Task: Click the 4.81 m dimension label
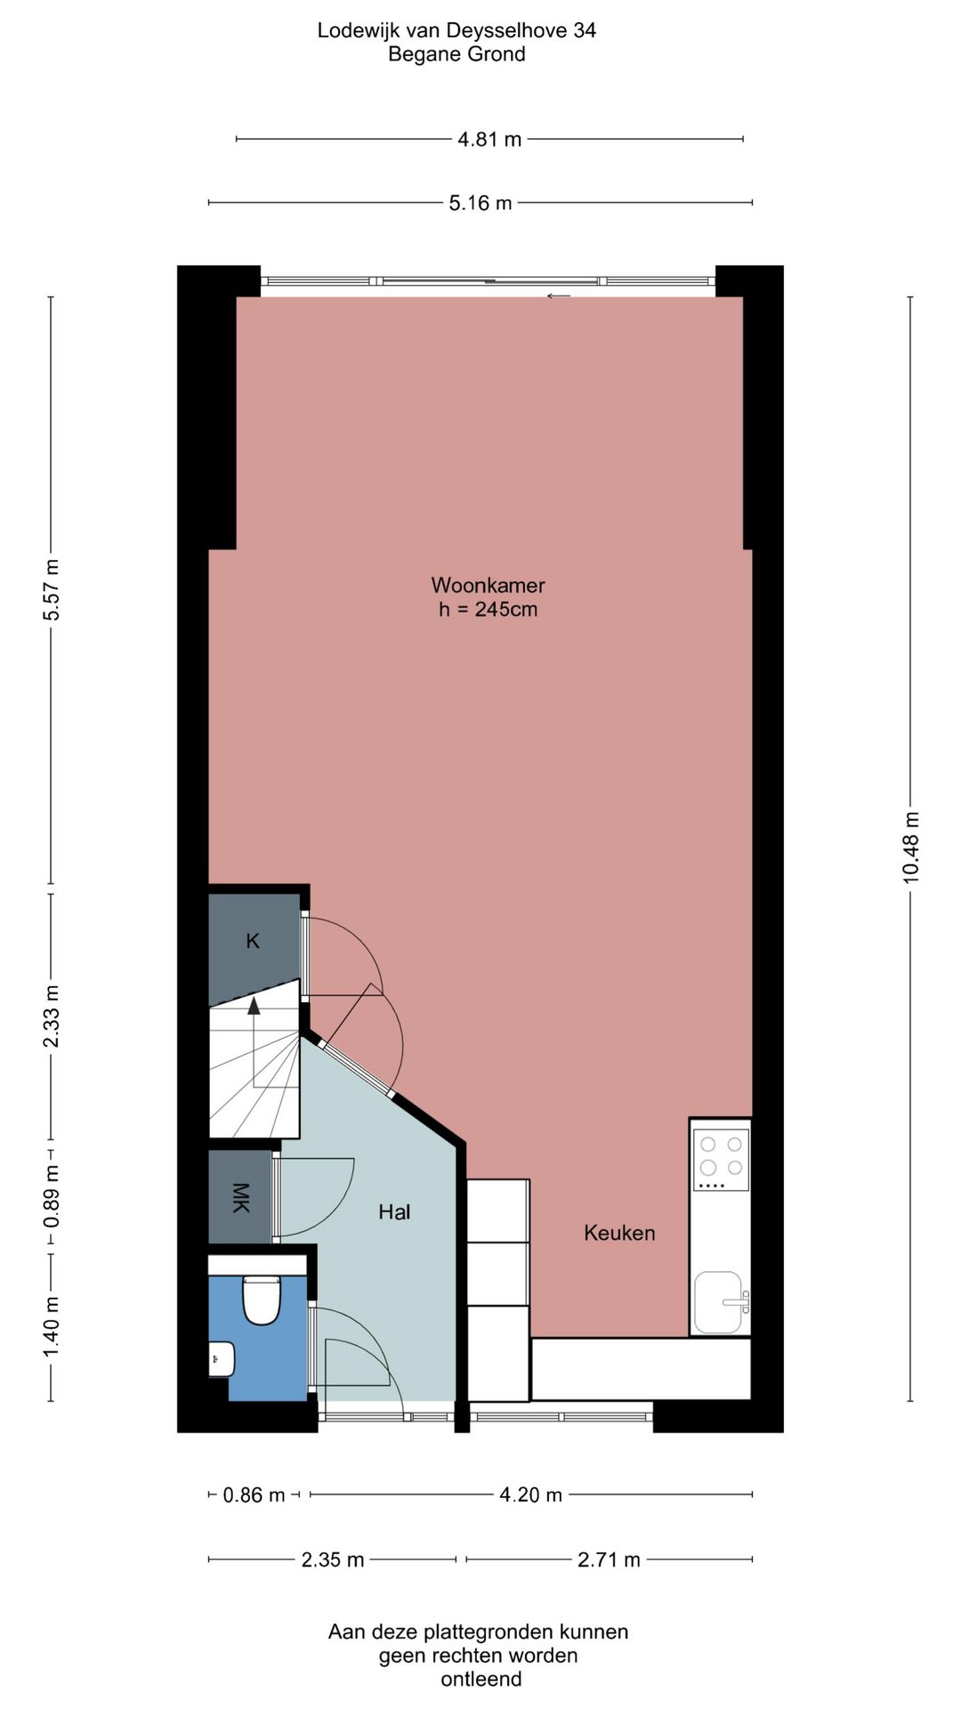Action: pos(489,140)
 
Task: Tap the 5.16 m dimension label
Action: pos(480,203)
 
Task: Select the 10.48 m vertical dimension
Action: pos(911,847)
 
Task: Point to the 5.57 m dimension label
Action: pos(52,591)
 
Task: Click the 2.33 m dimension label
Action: pos(52,1016)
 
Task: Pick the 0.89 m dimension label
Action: pos(52,1196)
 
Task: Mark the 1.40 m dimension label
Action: pos(52,1328)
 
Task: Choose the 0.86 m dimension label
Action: pos(254,1495)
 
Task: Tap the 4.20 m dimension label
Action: pos(531,1495)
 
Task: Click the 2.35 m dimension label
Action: pos(333,1560)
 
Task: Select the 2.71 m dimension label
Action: pos(609,1560)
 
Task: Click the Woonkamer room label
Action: pos(488,586)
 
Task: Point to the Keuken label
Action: pos(619,1233)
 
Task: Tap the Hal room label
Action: pos(394,1211)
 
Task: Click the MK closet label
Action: pos(240,1198)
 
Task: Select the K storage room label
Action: pos(253,941)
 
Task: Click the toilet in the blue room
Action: pos(262,1300)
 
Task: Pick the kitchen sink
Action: pos(719,1302)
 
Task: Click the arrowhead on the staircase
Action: pos(254,1006)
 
